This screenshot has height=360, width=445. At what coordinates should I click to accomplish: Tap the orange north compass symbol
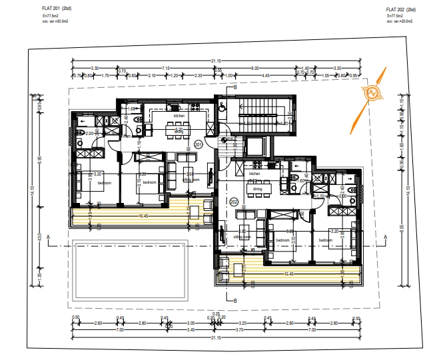click(372, 94)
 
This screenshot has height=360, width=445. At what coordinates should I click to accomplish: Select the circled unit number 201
click(198, 144)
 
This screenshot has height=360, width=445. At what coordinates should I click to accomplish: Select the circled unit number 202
click(233, 200)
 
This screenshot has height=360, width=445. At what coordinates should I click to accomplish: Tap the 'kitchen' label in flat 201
click(179, 116)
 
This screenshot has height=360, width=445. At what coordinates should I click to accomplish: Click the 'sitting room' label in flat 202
click(242, 236)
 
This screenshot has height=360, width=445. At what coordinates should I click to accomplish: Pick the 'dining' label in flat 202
click(258, 189)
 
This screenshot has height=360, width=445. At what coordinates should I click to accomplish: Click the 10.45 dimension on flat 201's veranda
click(143, 216)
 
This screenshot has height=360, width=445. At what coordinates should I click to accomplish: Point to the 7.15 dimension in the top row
click(166, 68)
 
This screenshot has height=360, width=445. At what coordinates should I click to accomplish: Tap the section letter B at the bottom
click(235, 299)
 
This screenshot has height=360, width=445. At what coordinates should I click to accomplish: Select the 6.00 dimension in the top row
click(254, 68)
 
